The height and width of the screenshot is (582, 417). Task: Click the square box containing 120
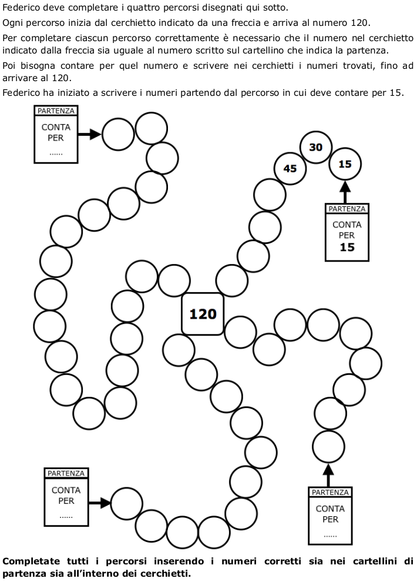coord(203,314)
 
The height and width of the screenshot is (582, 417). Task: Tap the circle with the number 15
coord(345,164)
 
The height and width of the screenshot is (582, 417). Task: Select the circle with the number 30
coord(316,147)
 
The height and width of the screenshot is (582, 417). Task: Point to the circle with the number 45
coord(290,169)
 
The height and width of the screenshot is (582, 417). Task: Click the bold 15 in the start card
coord(347,247)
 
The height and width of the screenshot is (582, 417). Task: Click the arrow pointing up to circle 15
coord(345,192)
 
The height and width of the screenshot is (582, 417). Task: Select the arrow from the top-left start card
coord(90,135)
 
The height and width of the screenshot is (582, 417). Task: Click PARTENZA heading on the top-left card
coord(56,111)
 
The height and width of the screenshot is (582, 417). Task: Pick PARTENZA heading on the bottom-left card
coord(66,473)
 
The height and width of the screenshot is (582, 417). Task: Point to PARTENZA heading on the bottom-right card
coord(330,492)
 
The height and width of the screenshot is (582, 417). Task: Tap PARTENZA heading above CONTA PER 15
coord(347,209)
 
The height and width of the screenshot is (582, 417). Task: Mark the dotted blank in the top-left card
coord(56,153)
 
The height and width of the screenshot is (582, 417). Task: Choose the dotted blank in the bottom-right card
coord(330,535)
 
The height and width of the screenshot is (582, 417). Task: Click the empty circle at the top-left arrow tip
coord(119,135)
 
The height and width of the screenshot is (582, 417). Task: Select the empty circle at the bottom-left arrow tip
coord(127,503)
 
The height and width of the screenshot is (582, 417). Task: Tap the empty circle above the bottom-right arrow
coord(328,447)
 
